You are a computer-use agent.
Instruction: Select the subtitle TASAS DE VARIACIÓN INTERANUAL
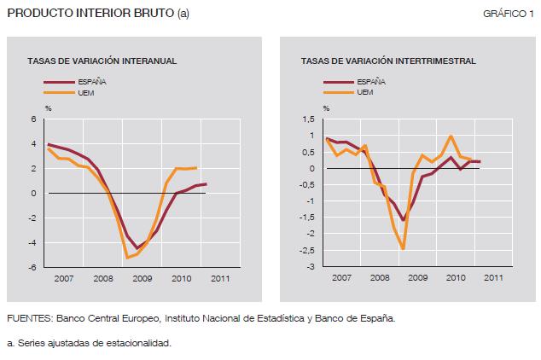click(x=102, y=61)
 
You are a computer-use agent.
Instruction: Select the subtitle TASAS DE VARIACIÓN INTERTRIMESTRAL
click(x=388, y=61)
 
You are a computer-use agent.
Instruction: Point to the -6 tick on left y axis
click(x=33, y=268)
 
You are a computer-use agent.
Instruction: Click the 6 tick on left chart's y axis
click(x=35, y=120)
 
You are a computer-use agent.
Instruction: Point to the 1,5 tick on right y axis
click(x=310, y=120)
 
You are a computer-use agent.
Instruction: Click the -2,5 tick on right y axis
click(x=308, y=251)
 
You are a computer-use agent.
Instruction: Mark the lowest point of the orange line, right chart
click(x=403, y=248)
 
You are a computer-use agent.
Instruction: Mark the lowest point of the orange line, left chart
click(x=127, y=258)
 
